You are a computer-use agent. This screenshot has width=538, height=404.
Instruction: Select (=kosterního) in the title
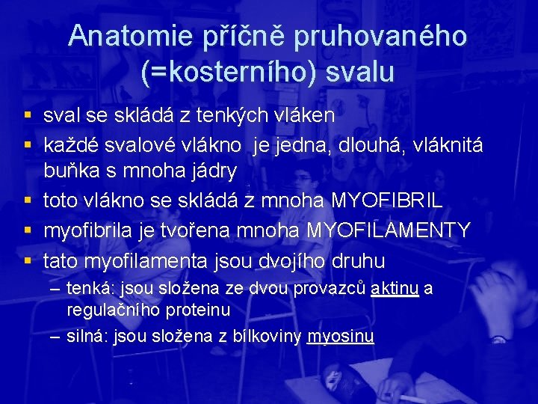point(222,71)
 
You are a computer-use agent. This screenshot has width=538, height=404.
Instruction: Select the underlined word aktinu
point(395,289)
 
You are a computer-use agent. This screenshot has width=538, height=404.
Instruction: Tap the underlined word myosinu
point(340,337)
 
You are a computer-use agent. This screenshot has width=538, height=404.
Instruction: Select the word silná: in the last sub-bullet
point(87,337)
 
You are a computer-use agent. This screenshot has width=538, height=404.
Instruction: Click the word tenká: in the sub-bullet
point(90,289)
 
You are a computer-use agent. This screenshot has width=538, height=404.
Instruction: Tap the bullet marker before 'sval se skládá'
point(28,116)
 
